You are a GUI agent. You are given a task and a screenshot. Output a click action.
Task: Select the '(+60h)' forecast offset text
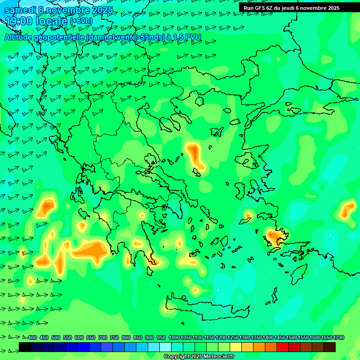coord(81,21)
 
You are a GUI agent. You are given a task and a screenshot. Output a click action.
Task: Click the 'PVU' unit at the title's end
coord(193,37)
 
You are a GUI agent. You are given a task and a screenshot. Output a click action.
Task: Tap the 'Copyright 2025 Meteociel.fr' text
coord(199,357)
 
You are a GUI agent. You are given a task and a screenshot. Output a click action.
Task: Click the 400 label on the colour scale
coord(32,338)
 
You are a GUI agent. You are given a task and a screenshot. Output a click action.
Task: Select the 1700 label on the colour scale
coord(338,338)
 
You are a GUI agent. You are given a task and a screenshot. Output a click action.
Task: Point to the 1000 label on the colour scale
coord(174,338)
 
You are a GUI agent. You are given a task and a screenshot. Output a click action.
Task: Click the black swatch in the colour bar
coord(25,347)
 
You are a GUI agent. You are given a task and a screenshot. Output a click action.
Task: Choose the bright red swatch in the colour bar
coord(283,347)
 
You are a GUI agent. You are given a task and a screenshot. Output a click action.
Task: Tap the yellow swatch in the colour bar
coord(236,347)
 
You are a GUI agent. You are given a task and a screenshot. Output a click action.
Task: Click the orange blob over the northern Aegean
coord(195,155)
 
